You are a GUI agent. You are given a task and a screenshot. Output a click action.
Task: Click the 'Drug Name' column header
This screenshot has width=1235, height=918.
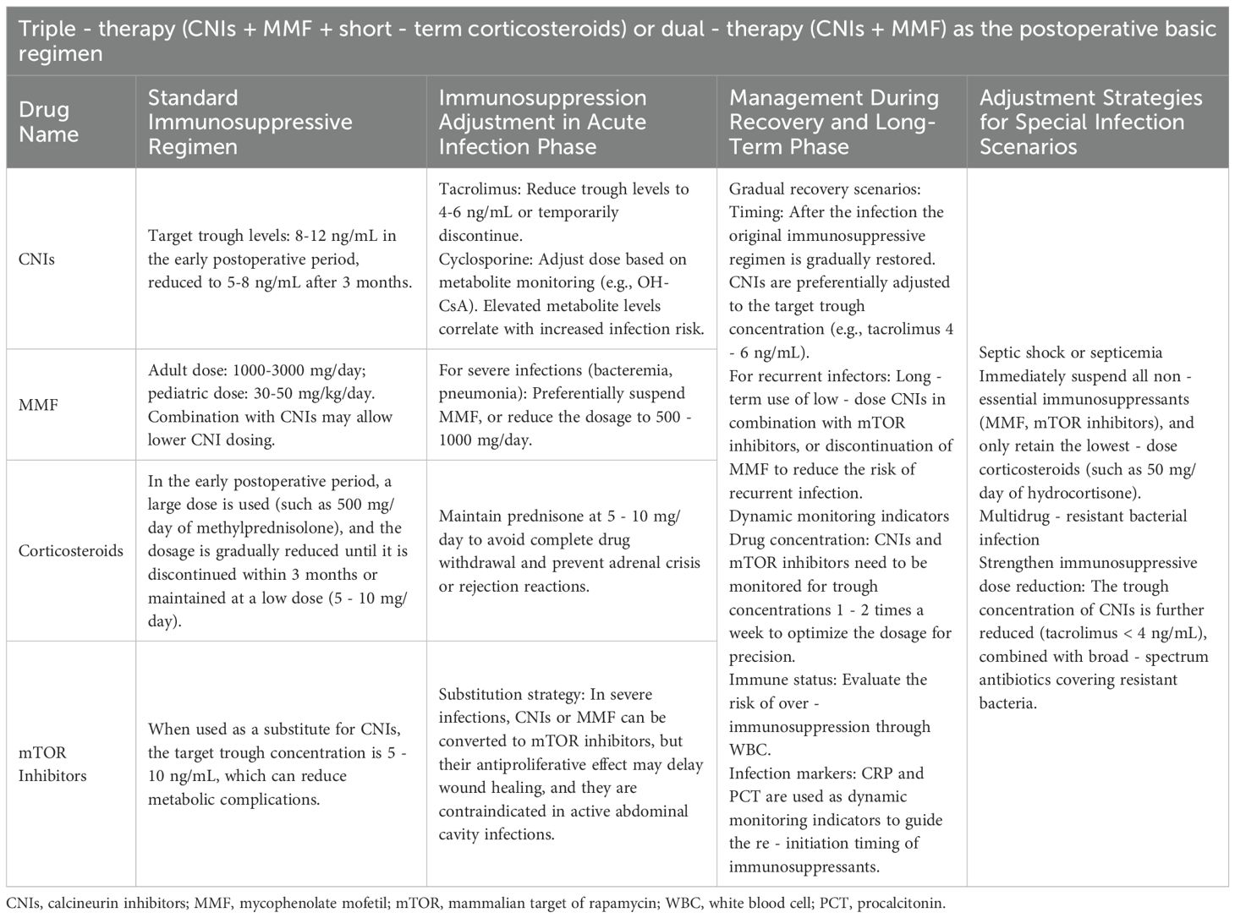click(x=48, y=122)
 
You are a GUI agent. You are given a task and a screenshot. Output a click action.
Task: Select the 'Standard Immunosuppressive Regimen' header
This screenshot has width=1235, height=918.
click(x=250, y=122)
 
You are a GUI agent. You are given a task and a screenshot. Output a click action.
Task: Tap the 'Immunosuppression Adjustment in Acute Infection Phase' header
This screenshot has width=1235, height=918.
click(x=541, y=122)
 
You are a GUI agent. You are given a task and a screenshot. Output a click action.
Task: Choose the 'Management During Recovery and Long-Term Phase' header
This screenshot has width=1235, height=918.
click(x=833, y=122)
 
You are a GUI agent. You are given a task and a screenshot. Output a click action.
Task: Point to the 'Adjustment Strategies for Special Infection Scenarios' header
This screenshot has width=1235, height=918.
click(x=1090, y=122)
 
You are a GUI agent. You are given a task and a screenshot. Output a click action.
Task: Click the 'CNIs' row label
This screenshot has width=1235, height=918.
click(x=36, y=259)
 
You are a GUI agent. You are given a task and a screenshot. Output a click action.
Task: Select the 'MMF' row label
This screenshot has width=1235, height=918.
click(x=37, y=405)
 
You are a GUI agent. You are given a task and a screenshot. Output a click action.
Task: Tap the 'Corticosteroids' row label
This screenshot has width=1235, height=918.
click(x=71, y=551)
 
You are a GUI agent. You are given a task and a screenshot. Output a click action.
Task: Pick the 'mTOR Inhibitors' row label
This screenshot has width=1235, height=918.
click(x=52, y=763)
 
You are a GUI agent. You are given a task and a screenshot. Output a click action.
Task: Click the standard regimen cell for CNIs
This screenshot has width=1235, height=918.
click(x=280, y=259)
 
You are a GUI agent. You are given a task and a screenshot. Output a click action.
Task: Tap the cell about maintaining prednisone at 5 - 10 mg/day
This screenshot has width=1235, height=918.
click(x=568, y=551)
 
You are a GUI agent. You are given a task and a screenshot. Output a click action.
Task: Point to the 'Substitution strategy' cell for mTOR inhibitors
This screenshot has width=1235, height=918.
click(x=570, y=763)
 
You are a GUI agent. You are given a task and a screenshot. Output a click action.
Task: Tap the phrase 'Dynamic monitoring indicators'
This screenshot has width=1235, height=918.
click(x=839, y=516)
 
